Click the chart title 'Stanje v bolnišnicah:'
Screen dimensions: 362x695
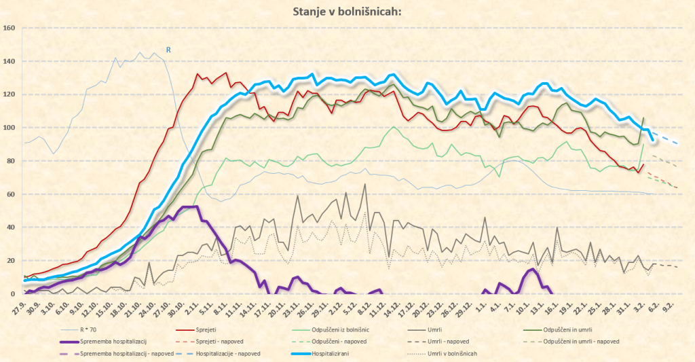tap(347, 12)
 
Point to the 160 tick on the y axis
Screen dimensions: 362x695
tap(10, 29)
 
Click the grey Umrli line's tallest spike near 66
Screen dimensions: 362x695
tap(365, 184)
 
